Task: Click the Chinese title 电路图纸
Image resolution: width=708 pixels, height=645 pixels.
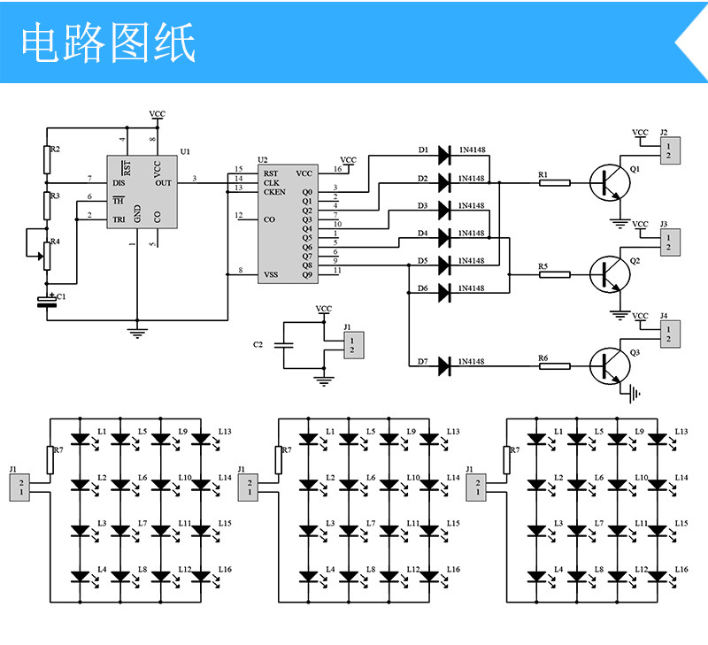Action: (108, 42)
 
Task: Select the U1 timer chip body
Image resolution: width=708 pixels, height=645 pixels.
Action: (142, 192)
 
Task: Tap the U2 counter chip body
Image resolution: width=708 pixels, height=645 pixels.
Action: (289, 224)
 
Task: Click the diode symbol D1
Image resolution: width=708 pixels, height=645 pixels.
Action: (444, 155)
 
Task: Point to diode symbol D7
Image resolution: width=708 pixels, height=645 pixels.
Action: (444, 366)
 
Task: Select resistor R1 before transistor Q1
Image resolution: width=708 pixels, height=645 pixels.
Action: (555, 183)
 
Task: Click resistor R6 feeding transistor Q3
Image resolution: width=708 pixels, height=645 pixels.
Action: (555, 366)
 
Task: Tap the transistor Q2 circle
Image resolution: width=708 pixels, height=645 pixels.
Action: (610, 274)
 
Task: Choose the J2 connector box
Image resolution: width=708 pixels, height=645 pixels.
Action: (670, 150)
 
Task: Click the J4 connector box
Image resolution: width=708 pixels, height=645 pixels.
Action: (670, 334)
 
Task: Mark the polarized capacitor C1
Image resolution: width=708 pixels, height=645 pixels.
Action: (47, 302)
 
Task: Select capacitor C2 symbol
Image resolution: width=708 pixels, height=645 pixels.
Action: (284, 345)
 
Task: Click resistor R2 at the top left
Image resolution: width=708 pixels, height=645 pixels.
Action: (47, 160)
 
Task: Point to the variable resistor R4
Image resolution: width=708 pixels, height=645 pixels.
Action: (47, 256)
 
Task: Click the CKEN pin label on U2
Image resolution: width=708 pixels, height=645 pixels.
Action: (274, 192)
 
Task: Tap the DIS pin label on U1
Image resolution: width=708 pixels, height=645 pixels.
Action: (119, 183)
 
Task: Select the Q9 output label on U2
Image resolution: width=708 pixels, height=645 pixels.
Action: (307, 274)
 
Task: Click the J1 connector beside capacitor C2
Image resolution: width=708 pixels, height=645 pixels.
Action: (354, 345)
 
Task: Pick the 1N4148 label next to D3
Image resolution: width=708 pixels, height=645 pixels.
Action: (472, 206)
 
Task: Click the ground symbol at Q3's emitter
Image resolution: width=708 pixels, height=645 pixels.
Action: (634, 394)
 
